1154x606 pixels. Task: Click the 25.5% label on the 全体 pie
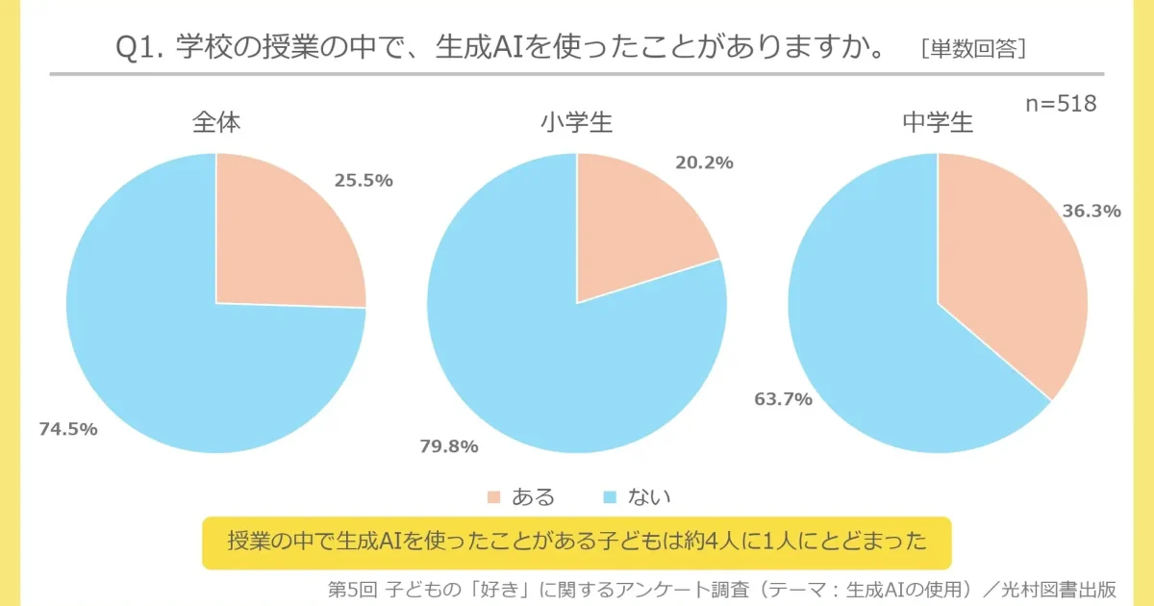click(364, 180)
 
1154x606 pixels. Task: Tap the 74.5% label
click(67, 429)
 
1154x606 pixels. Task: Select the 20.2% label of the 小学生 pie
click(704, 163)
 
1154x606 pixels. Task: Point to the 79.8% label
click(449, 446)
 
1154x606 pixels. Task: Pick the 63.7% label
click(783, 398)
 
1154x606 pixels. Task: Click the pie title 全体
click(216, 123)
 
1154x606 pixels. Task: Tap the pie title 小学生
click(576, 123)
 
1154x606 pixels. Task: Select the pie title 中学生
click(938, 123)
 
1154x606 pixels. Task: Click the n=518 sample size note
click(1062, 104)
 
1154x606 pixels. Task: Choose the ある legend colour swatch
click(494, 497)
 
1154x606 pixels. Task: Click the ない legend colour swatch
click(609, 497)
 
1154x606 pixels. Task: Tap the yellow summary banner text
click(577, 543)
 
